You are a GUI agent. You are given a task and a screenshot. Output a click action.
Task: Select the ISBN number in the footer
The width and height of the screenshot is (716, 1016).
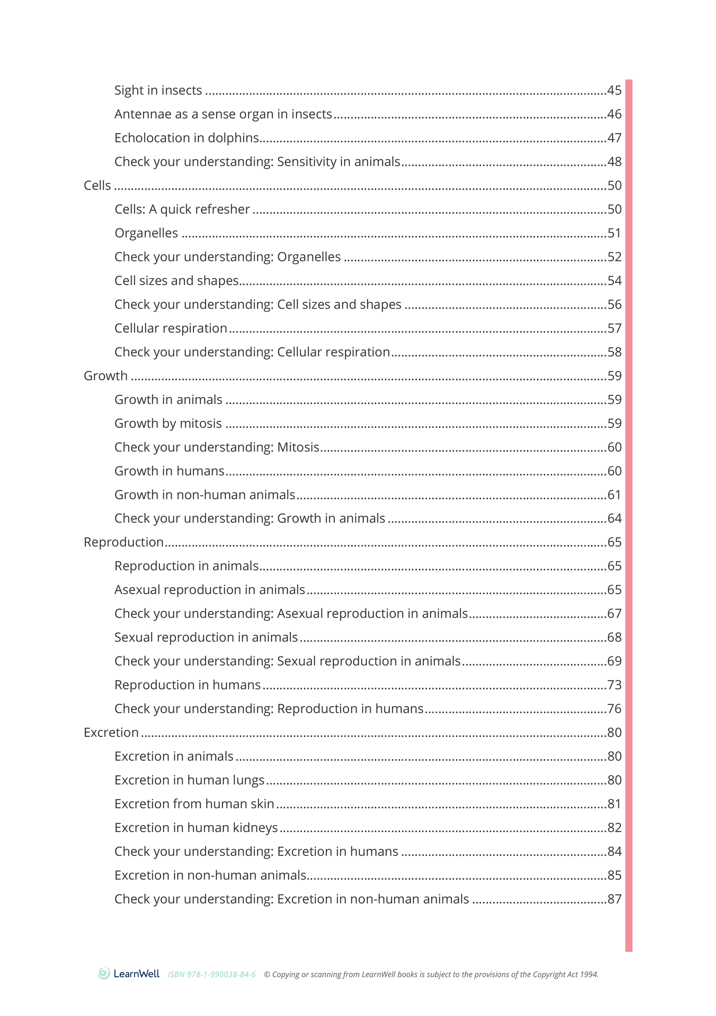click(212, 974)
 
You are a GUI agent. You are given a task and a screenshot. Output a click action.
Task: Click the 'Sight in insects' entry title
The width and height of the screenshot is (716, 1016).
click(158, 90)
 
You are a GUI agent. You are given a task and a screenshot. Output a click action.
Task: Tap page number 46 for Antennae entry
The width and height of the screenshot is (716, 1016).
click(614, 114)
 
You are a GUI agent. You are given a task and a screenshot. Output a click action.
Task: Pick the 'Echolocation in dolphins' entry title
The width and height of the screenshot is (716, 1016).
click(186, 138)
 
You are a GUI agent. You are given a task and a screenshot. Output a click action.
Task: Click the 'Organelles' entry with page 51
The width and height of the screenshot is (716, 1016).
click(146, 233)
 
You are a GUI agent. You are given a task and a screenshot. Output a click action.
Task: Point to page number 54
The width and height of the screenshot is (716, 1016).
click(614, 281)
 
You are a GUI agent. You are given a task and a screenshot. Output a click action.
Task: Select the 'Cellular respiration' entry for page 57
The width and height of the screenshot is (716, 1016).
click(170, 328)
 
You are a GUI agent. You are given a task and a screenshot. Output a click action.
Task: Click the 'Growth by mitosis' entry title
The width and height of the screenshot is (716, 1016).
click(168, 423)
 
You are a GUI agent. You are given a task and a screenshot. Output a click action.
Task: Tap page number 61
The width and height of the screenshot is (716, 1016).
click(614, 495)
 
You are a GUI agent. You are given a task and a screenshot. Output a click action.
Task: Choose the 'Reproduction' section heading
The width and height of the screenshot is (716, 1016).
click(124, 542)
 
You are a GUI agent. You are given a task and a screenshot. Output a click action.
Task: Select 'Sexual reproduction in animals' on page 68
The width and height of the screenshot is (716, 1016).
click(206, 637)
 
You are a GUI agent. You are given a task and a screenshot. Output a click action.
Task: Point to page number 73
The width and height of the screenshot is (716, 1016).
click(614, 685)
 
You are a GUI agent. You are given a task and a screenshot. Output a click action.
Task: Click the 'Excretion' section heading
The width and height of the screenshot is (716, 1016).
click(111, 732)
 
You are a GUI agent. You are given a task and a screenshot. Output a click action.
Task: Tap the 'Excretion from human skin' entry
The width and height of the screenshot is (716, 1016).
click(194, 804)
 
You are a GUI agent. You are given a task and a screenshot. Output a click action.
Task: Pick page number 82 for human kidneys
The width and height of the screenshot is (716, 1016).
click(614, 828)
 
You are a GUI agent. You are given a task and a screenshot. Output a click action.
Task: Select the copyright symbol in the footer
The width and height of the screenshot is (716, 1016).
click(267, 974)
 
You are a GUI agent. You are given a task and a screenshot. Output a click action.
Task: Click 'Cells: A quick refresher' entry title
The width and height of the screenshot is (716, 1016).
click(182, 209)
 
